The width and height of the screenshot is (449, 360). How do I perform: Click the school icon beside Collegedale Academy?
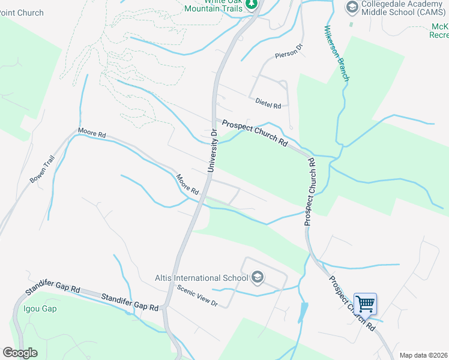click(352, 7)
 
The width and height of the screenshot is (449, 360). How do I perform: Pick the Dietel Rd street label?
click(268, 104)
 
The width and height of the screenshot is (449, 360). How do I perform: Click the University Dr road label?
click(211, 151)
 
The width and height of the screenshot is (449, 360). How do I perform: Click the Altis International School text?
click(201, 278)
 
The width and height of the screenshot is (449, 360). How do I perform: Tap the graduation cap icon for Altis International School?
click(258, 277)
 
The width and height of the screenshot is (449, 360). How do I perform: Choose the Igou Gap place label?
click(40, 309)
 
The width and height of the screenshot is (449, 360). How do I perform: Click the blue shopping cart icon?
click(365, 304)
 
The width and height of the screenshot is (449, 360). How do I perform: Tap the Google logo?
click(20, 353)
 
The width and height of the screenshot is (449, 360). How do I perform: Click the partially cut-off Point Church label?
click(22, 13)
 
